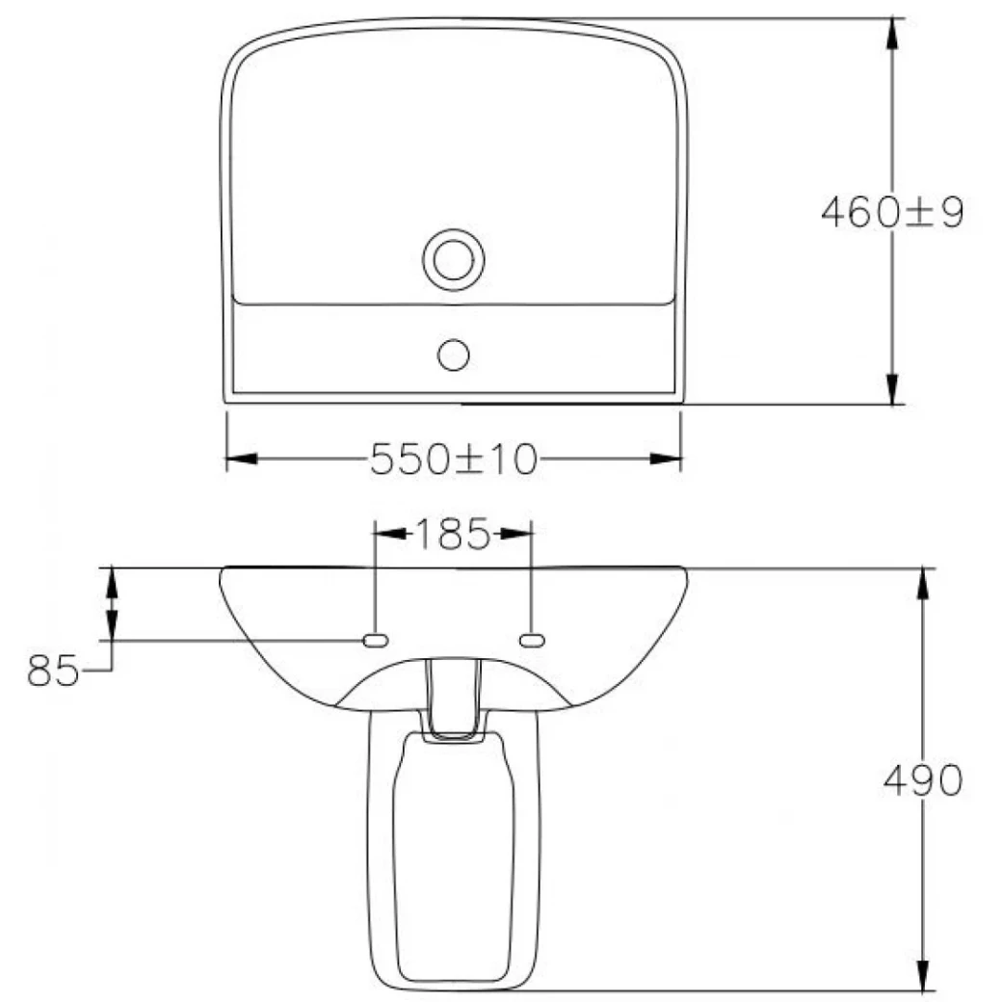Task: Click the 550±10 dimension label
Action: (x=453, y=460)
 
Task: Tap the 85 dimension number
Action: (x=53, y=670)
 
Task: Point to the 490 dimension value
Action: (x=922, y=780)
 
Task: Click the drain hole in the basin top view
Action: (x=453, y=258)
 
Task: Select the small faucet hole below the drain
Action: (x=453, y=354)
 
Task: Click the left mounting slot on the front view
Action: (x=374, y=639)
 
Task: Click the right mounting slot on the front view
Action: (x=532, y=639)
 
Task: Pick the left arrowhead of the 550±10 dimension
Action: (x=240, y=459)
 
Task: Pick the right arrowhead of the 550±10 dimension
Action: (x=667, y=459)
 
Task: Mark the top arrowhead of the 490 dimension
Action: (x=923, y=582)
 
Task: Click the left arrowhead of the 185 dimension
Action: (x=387, y=533)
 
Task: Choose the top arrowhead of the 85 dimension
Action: (x=112, y=582)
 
